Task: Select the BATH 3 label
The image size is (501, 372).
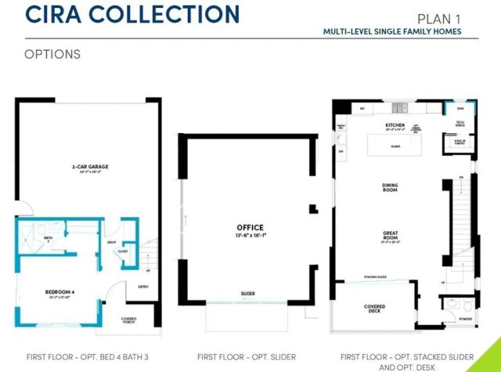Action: point(49,239)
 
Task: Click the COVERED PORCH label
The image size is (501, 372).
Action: point(129,320)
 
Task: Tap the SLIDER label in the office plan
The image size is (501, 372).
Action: point(247,294)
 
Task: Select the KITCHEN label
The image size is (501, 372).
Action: point(395,125)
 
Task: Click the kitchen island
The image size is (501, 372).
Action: point(395,146)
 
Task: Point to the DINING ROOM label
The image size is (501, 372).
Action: point(391,187)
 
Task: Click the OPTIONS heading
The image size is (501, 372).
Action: point(52,54)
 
